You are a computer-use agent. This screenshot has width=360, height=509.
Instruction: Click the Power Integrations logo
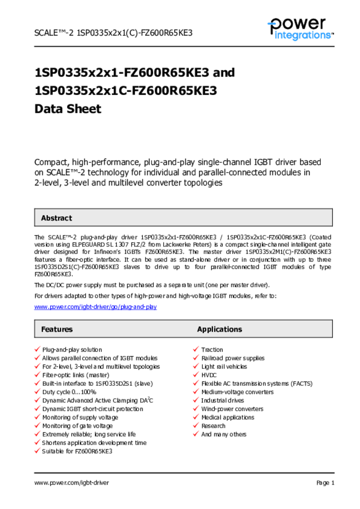point(300,29)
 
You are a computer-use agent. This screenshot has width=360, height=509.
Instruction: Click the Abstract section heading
point(56,218)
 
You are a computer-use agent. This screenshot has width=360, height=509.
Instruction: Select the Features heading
point(57,329)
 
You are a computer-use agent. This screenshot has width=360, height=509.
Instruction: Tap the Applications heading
point(219,329)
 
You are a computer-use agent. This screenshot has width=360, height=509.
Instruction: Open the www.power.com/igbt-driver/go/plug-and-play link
point(95,307)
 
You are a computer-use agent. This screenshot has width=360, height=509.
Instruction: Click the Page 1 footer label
point(325,483)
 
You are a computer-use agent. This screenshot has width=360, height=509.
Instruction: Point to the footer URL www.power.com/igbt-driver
point(72,483)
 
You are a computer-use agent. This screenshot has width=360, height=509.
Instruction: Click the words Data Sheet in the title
point(68,109)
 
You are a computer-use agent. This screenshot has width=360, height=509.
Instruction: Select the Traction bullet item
point(212,350)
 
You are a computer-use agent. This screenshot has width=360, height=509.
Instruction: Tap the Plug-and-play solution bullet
point(72,350)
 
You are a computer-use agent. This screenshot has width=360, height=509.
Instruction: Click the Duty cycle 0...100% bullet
point(69,392)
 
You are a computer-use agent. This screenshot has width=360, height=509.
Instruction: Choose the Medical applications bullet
point(228,418)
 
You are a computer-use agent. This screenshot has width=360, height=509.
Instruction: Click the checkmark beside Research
point(196,425)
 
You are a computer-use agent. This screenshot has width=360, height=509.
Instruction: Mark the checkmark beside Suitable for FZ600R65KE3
point(37,451)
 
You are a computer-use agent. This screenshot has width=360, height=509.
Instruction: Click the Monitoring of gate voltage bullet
point(78,426)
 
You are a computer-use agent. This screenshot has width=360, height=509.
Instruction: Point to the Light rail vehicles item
point(224,367)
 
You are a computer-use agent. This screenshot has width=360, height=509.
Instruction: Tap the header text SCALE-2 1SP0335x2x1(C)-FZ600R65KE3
point(113,33)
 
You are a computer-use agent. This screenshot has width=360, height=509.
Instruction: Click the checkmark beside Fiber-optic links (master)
point(37,375)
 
